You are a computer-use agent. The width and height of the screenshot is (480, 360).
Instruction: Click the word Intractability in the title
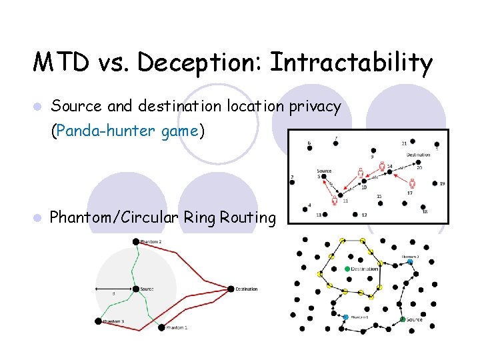(351, 63)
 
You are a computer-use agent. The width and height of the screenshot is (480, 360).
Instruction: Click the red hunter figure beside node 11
(334, 199)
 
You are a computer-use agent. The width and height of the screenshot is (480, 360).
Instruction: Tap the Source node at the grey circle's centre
(135, 289)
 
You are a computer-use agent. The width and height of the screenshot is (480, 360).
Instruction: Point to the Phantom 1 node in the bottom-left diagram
(162, 327)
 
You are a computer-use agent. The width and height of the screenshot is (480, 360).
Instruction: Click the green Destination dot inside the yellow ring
(347, 269)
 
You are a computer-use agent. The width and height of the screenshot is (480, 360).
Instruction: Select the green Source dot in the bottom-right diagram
(403, 320)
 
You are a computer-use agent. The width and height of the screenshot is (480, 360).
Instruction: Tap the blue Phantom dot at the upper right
(410, 262)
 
